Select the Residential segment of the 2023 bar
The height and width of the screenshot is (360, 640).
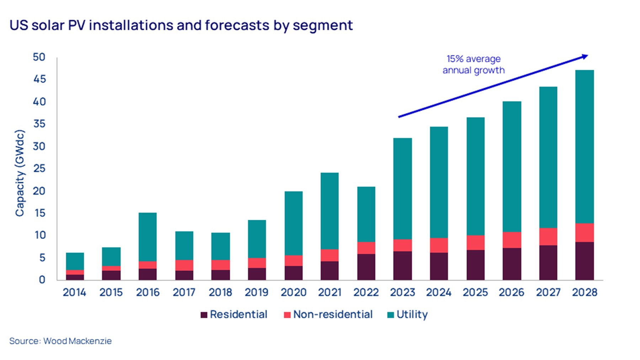tap(402, 265)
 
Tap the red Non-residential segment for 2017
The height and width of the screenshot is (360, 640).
tap(184, 265)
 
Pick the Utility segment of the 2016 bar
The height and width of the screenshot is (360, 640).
tap(148, 237)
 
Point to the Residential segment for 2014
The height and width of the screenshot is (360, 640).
tap(75, 277)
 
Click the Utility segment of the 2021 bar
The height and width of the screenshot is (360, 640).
tap(330, 211)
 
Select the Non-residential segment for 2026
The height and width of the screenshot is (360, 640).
tap(512, 240)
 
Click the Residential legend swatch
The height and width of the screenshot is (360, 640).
tap(204, 315)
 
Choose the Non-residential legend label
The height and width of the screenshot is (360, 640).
tap(333, 314)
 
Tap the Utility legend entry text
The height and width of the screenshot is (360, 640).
tap(412, 314)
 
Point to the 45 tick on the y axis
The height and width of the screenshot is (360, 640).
tap(39, 79)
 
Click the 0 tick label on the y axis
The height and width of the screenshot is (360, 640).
tap(42, 280)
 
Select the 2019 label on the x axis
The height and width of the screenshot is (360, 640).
tap(256, 292)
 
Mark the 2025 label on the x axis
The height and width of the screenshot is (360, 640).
tap(475, 292)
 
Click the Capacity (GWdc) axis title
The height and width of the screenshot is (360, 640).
tap(20, 173)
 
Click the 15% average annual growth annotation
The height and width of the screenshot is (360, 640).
tap(474, 64)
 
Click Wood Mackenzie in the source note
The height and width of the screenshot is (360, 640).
tap(78, 341)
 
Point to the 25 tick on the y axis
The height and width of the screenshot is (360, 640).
tap(39, 168)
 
